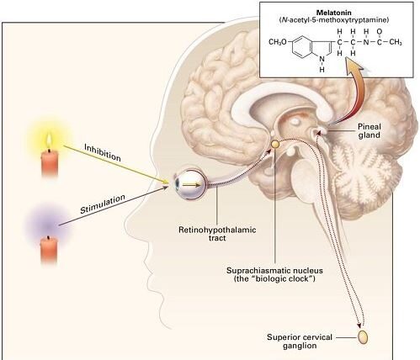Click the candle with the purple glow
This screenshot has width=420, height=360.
pos(49,250)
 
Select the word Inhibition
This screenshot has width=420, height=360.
pos(103,152)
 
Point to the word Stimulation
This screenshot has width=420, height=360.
pos(103,204)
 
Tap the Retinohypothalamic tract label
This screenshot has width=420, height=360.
pos(217,234)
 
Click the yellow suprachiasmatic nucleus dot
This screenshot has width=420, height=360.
pos(275,144)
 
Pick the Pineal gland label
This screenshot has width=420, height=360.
pos(369,130)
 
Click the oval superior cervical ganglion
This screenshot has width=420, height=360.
pos(363,337)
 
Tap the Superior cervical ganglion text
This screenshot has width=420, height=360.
pos(300,341)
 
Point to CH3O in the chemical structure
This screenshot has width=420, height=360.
pos(278,42)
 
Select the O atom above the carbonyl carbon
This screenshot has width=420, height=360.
pos(380,32)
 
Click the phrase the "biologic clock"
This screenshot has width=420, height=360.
pos(274,279)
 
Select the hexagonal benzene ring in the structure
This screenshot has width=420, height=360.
pos(301,47)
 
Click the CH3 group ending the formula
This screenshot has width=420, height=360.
pos(396,42)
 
